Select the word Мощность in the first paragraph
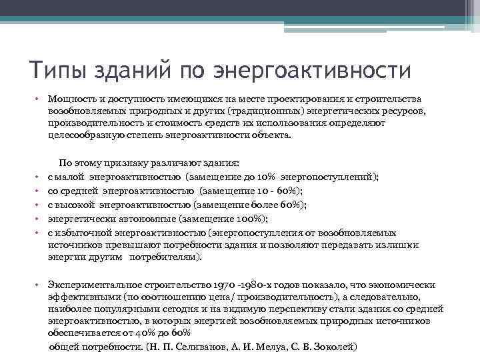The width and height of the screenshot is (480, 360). tap(69, 100)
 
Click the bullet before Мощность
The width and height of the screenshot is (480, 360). tap(39, 100)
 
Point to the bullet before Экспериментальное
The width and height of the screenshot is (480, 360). tap(39, 283)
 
